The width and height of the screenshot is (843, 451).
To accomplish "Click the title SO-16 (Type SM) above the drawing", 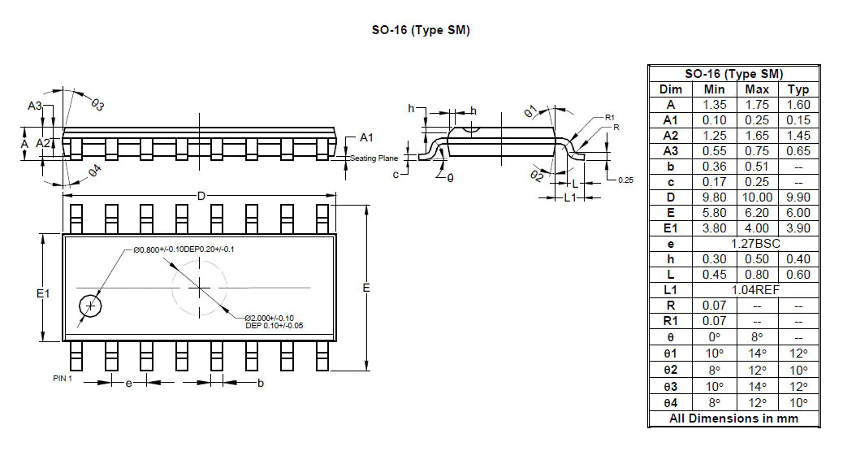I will [x=420, y=31].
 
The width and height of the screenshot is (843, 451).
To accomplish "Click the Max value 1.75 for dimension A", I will [x=756, y=105].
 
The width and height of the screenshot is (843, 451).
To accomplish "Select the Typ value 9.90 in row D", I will [x=798, y=197].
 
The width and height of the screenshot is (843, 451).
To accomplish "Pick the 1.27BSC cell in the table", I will [x=756, y=244].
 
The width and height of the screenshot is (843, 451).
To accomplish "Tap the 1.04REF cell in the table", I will [x=756, y=290].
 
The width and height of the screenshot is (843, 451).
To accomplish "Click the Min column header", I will [x=714, y=89].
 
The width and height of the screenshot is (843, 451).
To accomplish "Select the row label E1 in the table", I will [x=670, y=228].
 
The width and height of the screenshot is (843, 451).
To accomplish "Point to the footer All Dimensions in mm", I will [x=733, y=418].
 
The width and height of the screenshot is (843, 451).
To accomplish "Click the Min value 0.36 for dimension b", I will [x=714, y=167].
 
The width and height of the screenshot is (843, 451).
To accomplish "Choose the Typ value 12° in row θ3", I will [x=798, y=387].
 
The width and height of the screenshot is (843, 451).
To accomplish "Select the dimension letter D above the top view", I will [x=201, y=195].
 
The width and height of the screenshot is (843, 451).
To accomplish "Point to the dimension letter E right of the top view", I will [x=366, y=288].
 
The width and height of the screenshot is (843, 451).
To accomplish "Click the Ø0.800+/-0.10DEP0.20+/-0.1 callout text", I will [x=184, y=249].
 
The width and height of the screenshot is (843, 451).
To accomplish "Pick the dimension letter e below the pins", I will [x=128, y=383].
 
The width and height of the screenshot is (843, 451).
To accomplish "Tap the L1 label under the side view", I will [x=571, y=197].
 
